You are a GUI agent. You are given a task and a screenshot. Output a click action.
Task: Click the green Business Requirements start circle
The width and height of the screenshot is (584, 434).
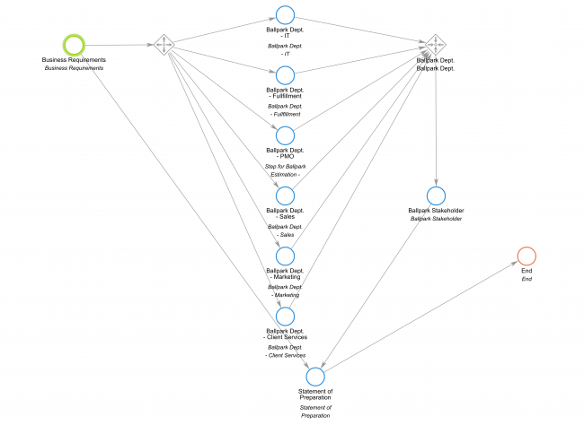(x=75, y=44)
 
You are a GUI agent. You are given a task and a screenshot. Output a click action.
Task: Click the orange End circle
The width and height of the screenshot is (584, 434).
(x=526, y=256)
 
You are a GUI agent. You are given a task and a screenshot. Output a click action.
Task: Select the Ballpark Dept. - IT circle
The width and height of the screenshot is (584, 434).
(x=285, y=14)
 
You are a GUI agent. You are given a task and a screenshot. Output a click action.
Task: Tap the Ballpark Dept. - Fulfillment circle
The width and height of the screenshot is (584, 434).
(x=285, y=74)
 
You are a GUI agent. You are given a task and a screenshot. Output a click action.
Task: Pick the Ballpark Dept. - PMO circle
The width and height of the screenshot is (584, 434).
(x=285, y=135)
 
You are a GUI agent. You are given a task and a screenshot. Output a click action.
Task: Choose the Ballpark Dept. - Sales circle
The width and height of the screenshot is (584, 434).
(x=285, y=195)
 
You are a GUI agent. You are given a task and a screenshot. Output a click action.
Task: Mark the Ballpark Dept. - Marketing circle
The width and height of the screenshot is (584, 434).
(x=285, y=256)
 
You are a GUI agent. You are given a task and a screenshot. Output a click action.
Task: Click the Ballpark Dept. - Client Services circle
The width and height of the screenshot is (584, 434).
(x=285, y=316)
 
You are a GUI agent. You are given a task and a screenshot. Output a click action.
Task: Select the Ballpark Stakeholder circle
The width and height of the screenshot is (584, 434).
(x=436, y=195)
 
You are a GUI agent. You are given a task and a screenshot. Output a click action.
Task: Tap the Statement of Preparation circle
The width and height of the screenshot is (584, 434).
(x=315, y=377)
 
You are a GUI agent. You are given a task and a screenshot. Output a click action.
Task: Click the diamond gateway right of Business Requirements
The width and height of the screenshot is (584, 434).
(x=164, y=44)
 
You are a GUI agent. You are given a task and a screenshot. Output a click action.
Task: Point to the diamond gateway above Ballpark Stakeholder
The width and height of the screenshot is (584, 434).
(x=436, y=44)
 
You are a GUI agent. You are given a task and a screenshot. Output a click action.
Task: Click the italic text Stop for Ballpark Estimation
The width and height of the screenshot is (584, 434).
(x=285, y=170)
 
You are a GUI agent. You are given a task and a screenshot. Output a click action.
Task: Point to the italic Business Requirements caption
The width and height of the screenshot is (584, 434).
(x=75, y=68)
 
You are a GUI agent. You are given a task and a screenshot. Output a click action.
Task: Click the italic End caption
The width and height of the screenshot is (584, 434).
(x=526, y=280)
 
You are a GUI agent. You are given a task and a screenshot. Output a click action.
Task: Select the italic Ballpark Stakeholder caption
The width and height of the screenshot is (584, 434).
(x=436, y=219)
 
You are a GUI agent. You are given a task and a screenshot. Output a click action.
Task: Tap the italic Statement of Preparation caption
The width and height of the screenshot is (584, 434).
(x=315, y=412)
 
